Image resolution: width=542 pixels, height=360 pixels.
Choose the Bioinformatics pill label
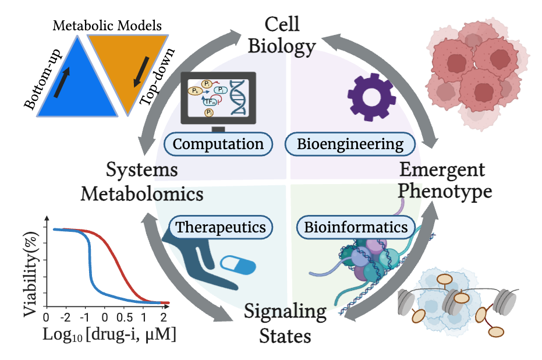(356, 227)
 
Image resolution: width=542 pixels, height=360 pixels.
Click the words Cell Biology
(282, 35)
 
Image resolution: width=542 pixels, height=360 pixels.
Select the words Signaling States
(285, 323)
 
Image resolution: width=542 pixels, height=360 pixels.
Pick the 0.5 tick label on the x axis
(125, 318)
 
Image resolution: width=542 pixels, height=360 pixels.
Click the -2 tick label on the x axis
(66, 318)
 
